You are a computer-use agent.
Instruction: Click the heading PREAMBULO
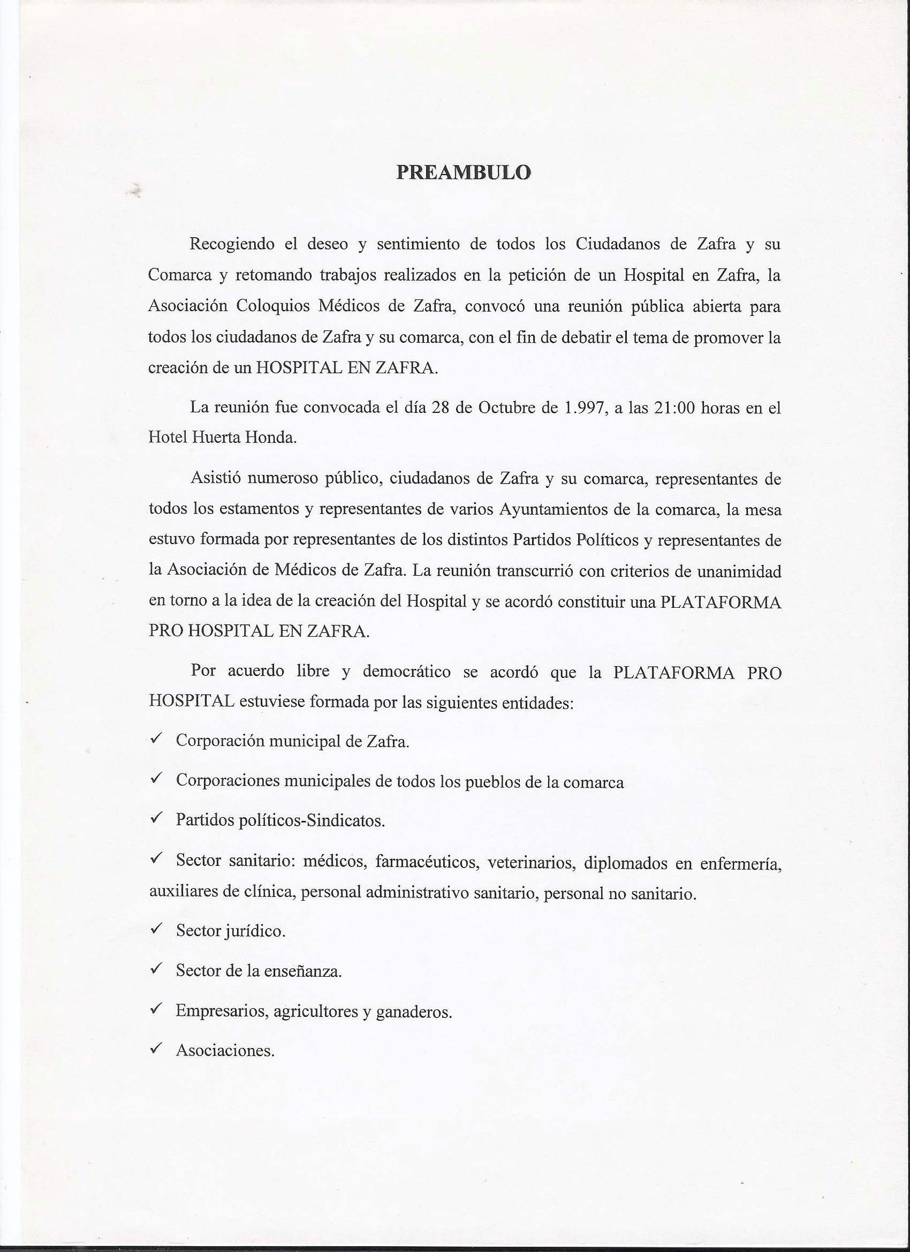[x=464, y=172]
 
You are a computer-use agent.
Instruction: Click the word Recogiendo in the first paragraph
[x=232, y=244]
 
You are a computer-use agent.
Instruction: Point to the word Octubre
[x=506, y=408]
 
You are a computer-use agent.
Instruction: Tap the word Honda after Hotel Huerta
[x=270, y=437]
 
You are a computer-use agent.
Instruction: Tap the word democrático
[x=407, y=672]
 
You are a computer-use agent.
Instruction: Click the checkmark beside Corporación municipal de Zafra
[x=156, y=738]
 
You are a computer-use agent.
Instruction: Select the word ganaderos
[x=414, y=1012]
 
